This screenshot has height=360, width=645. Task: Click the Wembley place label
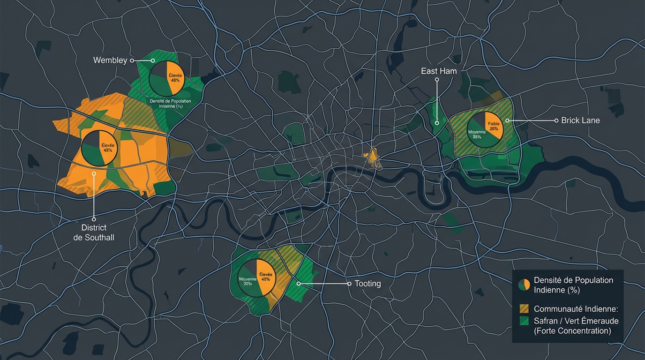click(110, 60)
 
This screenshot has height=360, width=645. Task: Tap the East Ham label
click(438, 71)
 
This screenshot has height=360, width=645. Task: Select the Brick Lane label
click(580, 120)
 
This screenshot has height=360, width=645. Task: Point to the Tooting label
click(367, 284)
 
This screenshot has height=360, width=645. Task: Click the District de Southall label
click(94, 232)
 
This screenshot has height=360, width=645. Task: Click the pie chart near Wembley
click(167, 78)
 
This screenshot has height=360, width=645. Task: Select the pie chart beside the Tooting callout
click(257, 277)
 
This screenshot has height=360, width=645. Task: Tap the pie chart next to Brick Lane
click(485, 129)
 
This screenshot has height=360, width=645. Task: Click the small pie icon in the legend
click(525, 285)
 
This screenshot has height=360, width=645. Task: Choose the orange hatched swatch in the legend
click(525, 309)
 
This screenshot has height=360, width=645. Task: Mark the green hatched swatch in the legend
click(525, 321)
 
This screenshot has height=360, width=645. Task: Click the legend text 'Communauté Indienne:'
click(576, 309)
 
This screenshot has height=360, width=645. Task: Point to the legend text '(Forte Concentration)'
click(572, 331)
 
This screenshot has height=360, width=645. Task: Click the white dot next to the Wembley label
click(132, 60)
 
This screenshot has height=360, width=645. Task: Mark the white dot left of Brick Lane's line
click(507, 120)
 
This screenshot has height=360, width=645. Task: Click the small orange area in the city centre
click(373, 156)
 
